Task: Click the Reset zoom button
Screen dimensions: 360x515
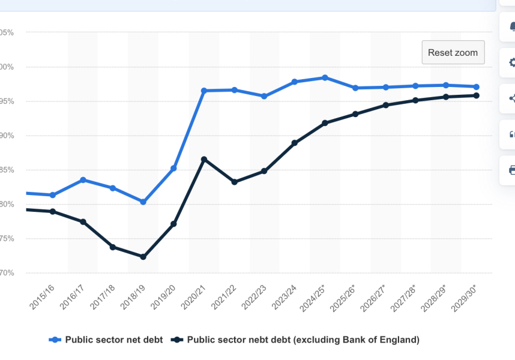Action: (x=453, y=53)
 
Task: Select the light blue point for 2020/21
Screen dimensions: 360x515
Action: (x=204, y=91)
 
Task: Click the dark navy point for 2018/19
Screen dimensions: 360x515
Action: (x=143, y=257)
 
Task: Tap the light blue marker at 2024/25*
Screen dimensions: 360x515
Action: (x=325, y=77)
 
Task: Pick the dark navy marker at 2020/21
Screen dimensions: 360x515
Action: (x=204, y=159)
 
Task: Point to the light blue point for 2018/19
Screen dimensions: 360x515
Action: (x=143, y=202)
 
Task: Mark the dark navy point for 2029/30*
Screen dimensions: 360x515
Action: (x=476, y=95)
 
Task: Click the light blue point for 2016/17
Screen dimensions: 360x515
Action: (x=83, y=180)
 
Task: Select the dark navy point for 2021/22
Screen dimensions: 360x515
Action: (x=234, y=182)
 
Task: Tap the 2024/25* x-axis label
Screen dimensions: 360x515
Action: (x=315, y=298)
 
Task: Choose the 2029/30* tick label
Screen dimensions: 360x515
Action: (x=466, y=298)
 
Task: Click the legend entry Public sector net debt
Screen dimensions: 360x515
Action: (x=106, y=340)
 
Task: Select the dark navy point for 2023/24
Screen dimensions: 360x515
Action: (x=295, y=143)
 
